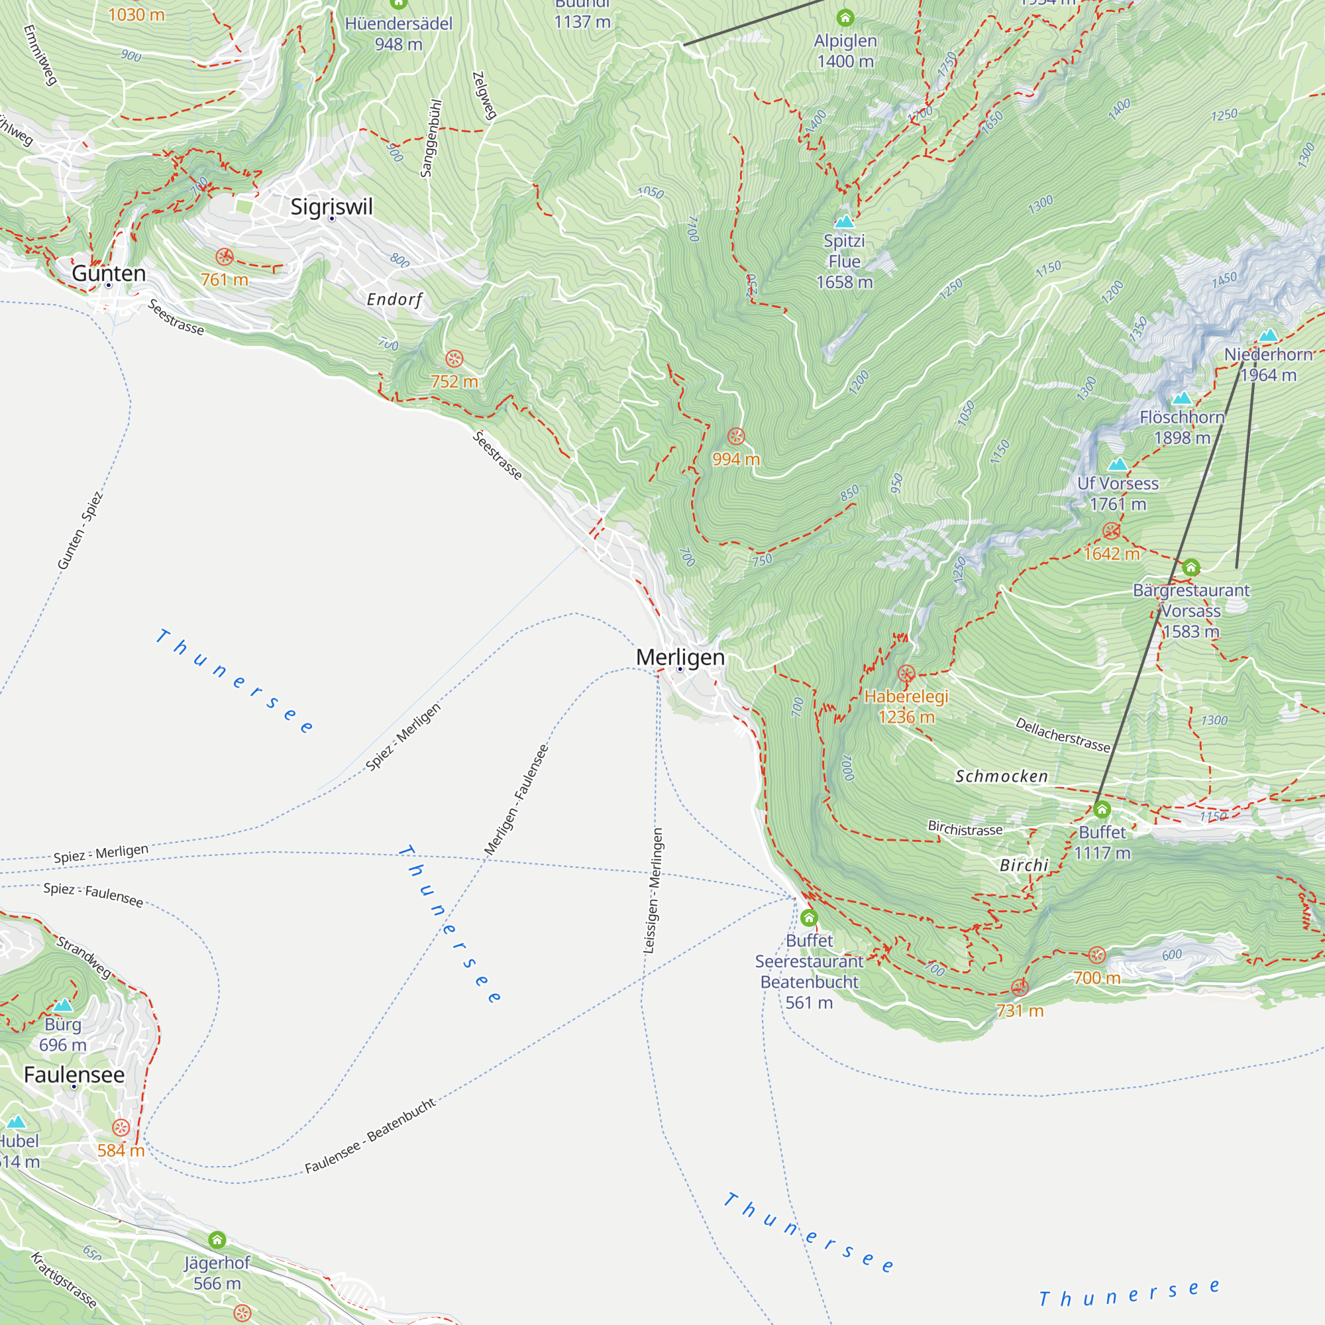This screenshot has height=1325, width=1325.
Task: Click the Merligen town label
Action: pos(680,657)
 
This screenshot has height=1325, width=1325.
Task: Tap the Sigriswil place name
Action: pos(331,207)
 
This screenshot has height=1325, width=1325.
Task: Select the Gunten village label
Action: pos(109,273)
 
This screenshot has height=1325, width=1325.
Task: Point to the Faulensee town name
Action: pos(74,1074)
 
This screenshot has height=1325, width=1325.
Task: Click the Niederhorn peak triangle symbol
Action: pos(1268,335)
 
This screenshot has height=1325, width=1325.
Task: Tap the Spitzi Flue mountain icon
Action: pos(844,221)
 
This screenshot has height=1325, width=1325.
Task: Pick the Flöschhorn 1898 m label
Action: pos(1182,427)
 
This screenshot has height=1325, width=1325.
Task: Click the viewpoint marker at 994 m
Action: pos(736,436)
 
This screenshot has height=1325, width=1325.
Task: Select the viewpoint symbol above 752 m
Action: pos(454,358)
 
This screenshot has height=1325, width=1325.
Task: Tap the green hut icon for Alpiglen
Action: pos(845,17)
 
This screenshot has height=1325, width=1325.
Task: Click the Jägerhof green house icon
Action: pos(217,1240)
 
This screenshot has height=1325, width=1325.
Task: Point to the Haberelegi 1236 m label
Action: pos(906,706)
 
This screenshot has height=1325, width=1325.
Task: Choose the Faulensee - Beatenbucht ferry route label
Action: pos(370,1135)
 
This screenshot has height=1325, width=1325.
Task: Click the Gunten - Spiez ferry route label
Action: pos(79,531)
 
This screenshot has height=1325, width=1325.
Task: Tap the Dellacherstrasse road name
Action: pos(1063,735)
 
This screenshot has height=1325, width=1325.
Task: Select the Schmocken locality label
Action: pos(1001,776)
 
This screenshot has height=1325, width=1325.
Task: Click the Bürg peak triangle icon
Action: pos(63,1006)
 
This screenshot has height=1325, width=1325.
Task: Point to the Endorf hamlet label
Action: pos(394,299)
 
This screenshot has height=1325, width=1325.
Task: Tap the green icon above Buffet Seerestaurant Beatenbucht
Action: pos(810,918)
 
